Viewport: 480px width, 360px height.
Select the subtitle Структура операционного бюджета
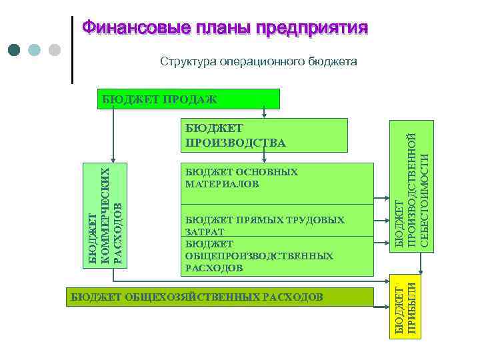coord(258,61)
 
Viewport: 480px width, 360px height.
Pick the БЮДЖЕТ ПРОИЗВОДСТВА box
coord(263,135)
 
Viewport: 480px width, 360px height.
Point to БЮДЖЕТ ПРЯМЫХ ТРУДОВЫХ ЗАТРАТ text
coord(264,225)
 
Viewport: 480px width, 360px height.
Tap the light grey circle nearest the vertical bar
coord(55,50)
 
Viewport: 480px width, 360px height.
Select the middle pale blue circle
coord(35,50)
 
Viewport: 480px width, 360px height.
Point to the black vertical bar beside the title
coord(71,49)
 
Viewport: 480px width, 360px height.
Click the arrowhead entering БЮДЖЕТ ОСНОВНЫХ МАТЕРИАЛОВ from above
coord(265,160)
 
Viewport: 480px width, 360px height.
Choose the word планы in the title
coord(222,28)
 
